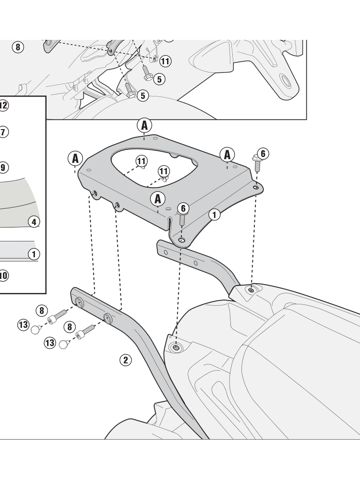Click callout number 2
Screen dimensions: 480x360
click(125, 360)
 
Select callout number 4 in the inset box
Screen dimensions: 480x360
click(34, 222)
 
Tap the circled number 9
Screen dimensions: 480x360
click(3, 168)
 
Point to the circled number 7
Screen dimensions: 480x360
click(3, 132)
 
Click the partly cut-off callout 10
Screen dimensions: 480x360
click(3, 276)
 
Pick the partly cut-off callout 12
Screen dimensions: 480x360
click(3, 106)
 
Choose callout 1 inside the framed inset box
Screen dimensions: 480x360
click(34, 254)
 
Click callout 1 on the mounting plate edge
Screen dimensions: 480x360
click(214, 215)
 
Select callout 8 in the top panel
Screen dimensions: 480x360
click(18, 47)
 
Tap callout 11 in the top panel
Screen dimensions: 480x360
click(165, 61)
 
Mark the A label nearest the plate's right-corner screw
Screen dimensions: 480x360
click(227, 155)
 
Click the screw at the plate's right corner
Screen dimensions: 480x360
click(257, 163)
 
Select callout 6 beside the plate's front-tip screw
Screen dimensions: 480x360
click(183, 208)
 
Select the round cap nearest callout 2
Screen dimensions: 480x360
click(63, 344)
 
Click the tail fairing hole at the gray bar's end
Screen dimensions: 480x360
click(251, 289)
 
